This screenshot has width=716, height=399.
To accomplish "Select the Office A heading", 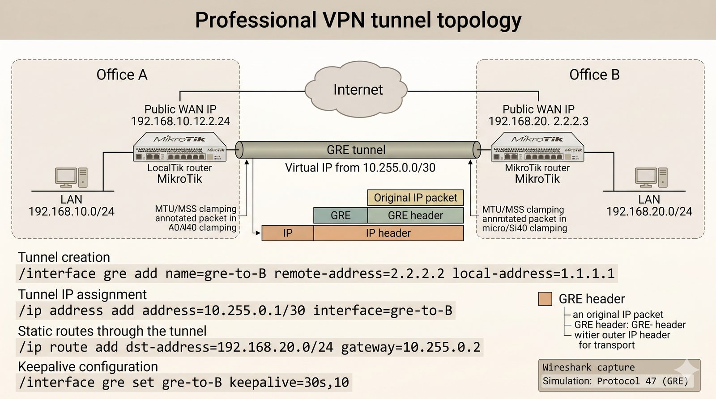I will click(x=122, y=75).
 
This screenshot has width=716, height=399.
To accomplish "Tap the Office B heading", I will click(x=594, y=75).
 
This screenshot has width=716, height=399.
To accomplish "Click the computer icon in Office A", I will click(x=71, y=177).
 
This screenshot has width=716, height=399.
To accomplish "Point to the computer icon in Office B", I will click(x=651, y=177).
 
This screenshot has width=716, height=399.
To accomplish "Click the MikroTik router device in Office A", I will click(x=180, y=147).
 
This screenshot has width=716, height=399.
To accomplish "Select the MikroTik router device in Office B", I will click(x=537, y=147).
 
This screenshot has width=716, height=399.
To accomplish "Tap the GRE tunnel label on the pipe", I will click(x=356, y=150).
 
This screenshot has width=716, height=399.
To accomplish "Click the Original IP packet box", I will click(x=415, y=198).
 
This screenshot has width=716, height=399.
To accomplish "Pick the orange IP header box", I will click(x=388, y=233).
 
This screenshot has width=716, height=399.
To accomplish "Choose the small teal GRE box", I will click(x=341, y=215).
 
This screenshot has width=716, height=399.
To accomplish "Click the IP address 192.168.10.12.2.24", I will click(x=180, y=121).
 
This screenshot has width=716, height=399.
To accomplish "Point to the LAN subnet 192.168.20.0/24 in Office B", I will click(x=649, y=211).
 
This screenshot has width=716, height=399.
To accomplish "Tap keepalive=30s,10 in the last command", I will click(x=289, y=382).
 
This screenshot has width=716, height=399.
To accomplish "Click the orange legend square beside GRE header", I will click(x=545, y=299).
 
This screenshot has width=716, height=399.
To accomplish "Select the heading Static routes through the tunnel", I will click(x=112, y=331).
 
